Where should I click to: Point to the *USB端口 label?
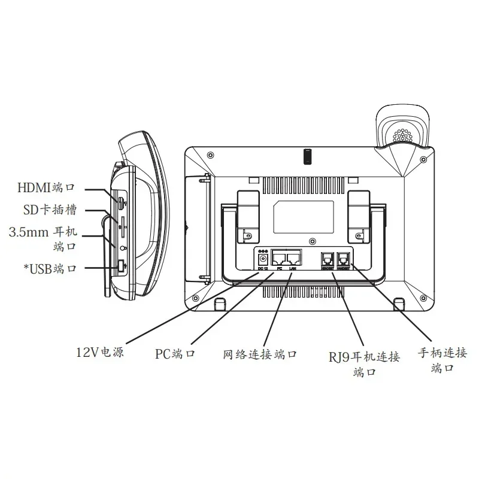pyautogui.click(x=50, y=269)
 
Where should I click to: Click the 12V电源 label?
pyautogui.click(x=99, y=353)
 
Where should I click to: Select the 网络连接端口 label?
pyautogui.click(x=260, y=353)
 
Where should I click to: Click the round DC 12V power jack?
pyautogui.click(x=262, y=259)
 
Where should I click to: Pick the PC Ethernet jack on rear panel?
pyautogui.click(x=279, y=258)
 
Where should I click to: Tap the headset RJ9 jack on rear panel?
pyautogui.click(x=328, y=259)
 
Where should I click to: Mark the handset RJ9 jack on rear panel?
pyautogui.click(x=344, y=259)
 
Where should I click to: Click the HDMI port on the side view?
pyautogui.click(x=120, y=203)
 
